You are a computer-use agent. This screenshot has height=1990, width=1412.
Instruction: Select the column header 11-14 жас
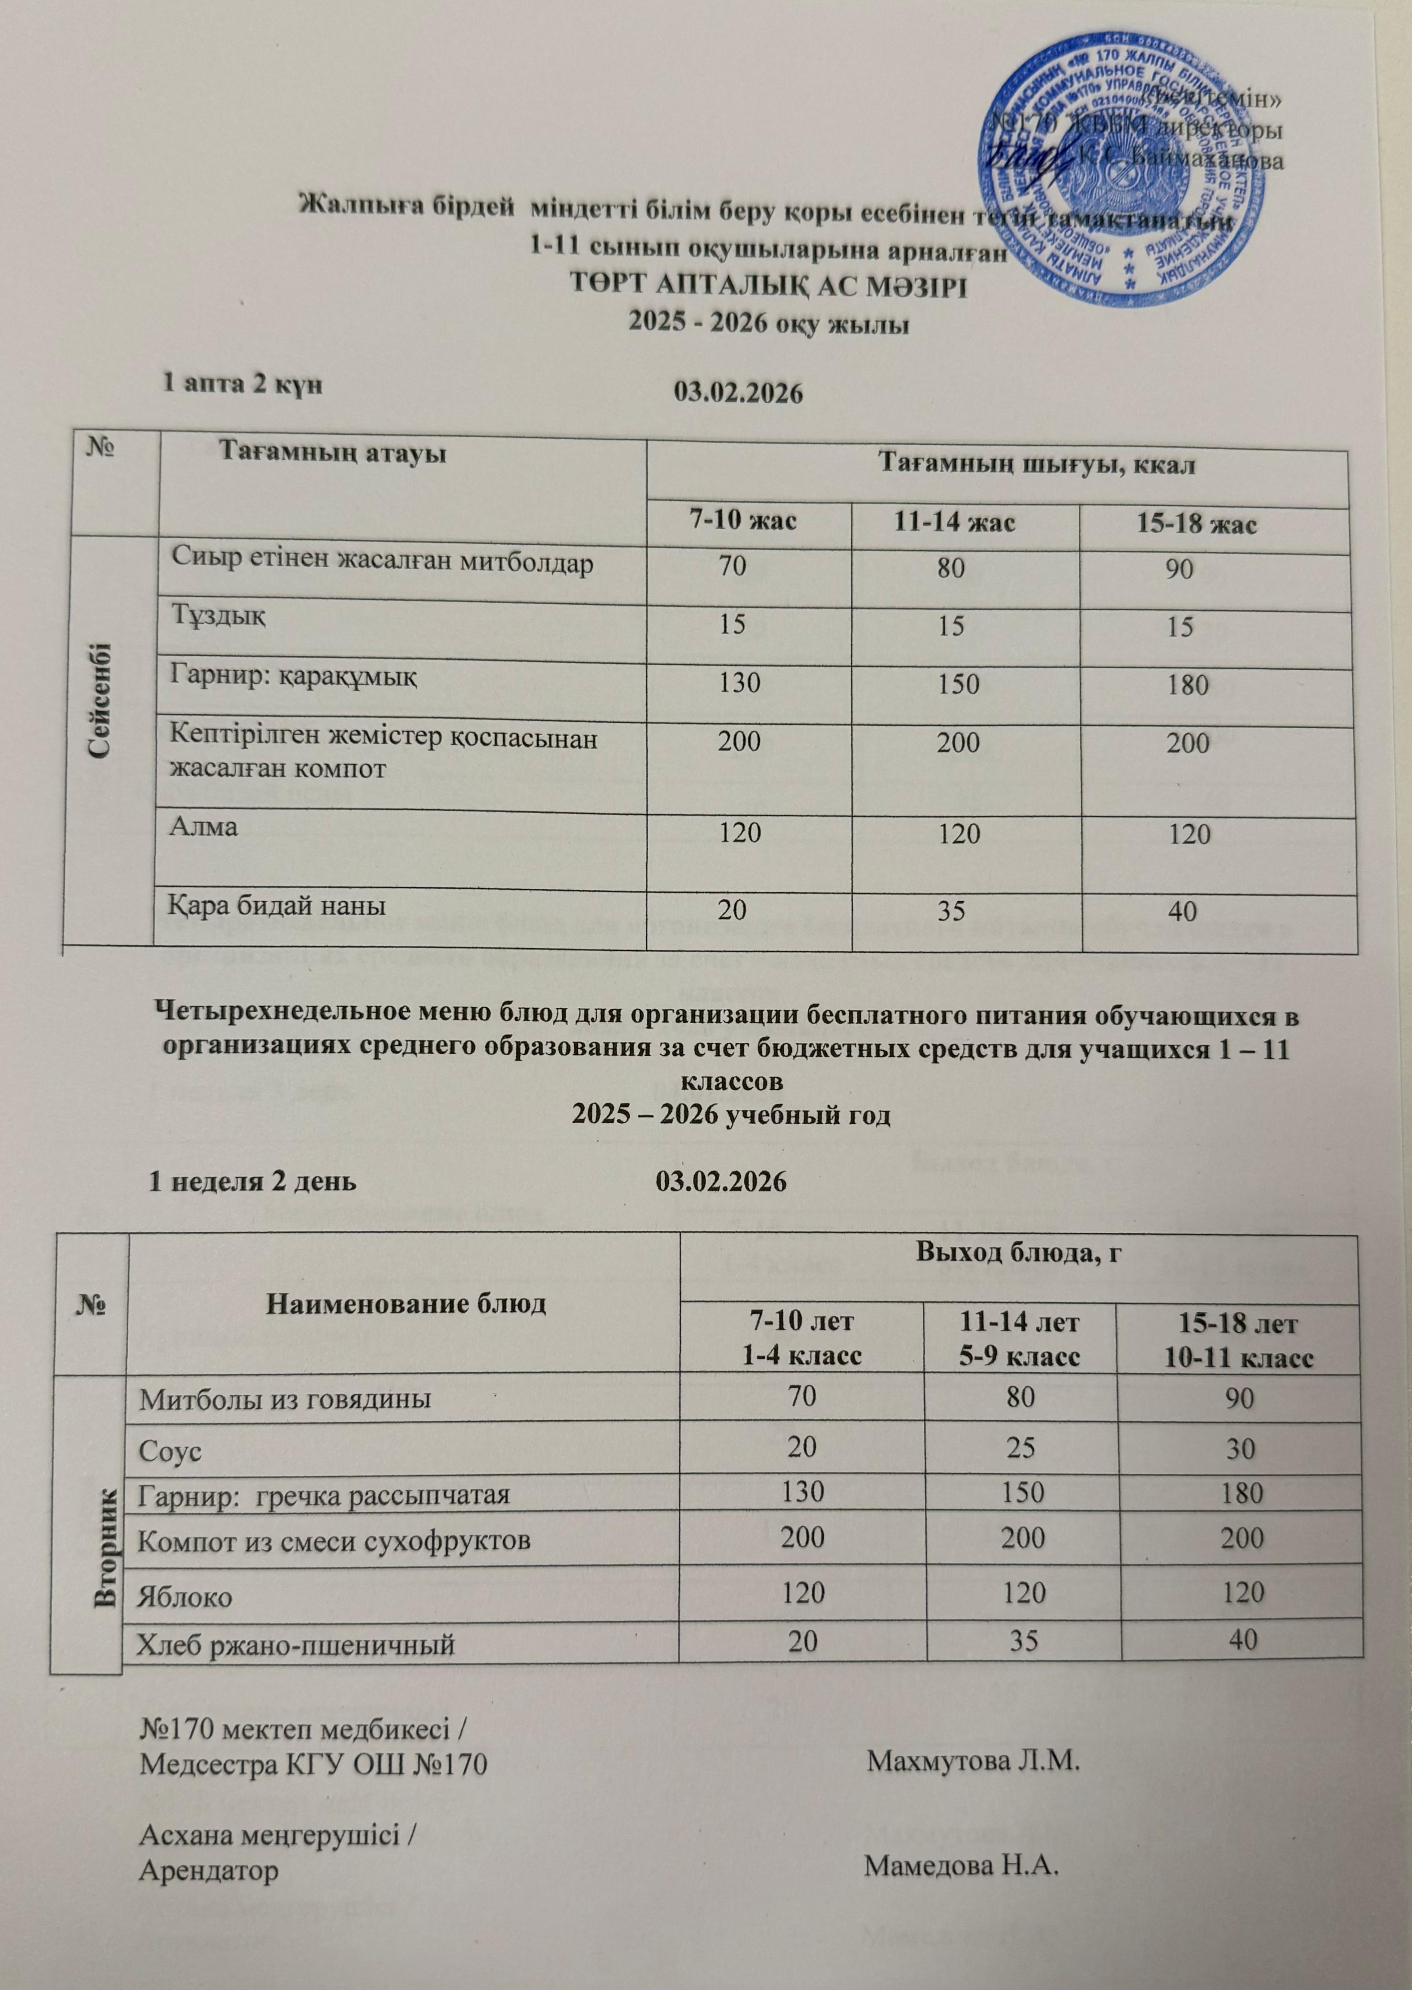(x=955, y=524)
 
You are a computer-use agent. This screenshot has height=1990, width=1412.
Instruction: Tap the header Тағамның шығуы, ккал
(x=1037, y=465)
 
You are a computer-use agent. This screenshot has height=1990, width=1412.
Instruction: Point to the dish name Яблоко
(x=186, y=1597)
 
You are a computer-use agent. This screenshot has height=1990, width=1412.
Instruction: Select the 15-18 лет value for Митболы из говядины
(x=1242, y=1399)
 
